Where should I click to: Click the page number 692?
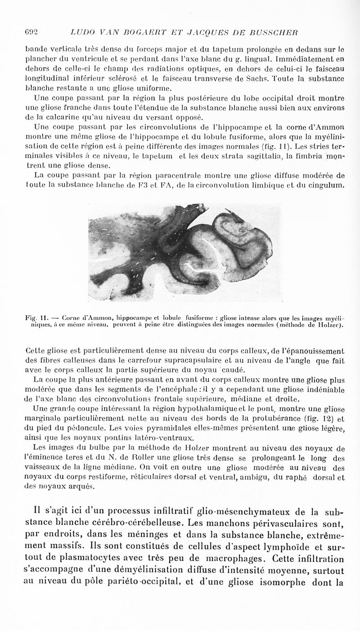pyautogui.click(x=33, y=32)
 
